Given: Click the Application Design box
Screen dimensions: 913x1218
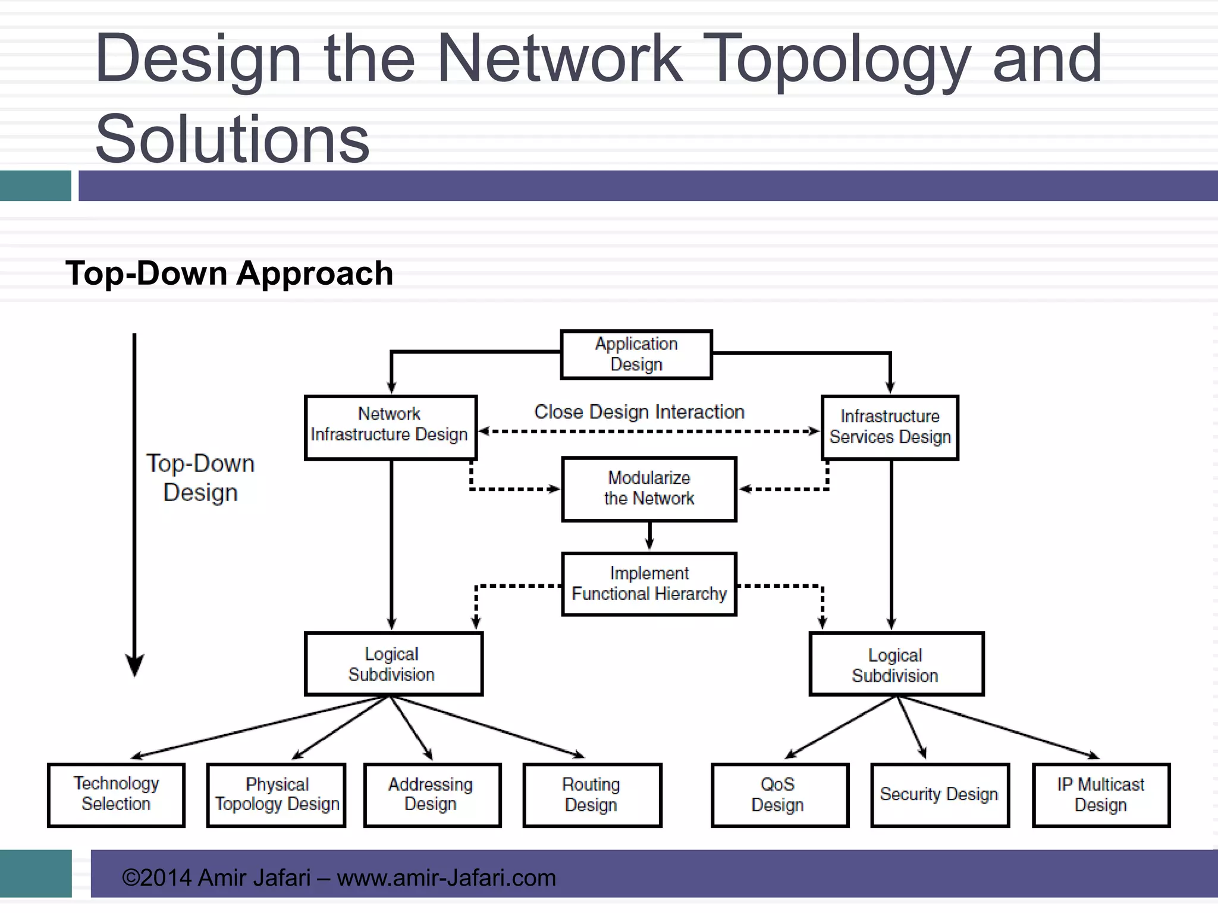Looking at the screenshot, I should click(x=636, y=355).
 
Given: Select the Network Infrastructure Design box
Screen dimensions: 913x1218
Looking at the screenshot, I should click(x=390, y=427).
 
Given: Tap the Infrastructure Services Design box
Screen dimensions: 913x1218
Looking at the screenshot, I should click(x=890, y=427).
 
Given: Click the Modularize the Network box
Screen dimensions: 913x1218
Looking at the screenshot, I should click(x=649, y=489).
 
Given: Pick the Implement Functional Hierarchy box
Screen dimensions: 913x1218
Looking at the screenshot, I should click(x=649, y=584).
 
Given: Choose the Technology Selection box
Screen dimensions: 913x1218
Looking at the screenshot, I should click(x=116, y=795).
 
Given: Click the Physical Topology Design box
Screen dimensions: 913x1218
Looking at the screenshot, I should click(x=277, y=795).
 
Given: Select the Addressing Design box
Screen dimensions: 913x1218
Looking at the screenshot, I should click(x=432, y=795).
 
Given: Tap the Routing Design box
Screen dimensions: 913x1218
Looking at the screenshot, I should click(x=592, y=795).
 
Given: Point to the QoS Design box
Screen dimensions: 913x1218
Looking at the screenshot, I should click(x=779, y=795).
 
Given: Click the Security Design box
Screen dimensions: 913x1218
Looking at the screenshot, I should click(x=940, y=795).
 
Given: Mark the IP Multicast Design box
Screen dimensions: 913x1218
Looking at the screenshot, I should click(x=1101, y=795).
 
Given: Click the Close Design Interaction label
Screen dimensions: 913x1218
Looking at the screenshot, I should click(x=639, y=412).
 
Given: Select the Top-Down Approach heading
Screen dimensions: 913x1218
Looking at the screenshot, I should click(x=230, y=274).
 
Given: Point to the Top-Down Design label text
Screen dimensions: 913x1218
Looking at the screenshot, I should click(x=200, y=478).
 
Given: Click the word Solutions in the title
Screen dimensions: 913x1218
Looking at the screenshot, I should click(x=232, y=139).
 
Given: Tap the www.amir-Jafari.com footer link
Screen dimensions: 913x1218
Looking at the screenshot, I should click(x=446, y=878).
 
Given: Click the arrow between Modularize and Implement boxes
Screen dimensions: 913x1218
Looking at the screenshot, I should click(x=649, y=537).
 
